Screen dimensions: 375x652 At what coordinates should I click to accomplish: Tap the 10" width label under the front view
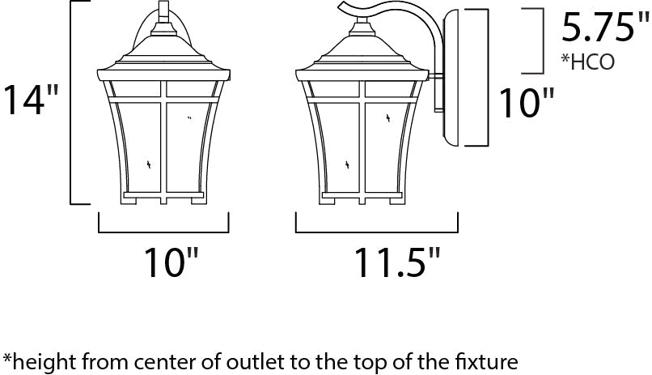(170, 262)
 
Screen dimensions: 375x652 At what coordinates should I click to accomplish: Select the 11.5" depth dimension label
(387, 262)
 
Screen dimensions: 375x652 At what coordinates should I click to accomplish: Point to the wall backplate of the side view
(456, 78)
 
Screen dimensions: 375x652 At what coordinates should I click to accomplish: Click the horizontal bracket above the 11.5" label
(377, 231)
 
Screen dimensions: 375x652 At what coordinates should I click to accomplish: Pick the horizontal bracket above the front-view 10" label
(163, 231)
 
